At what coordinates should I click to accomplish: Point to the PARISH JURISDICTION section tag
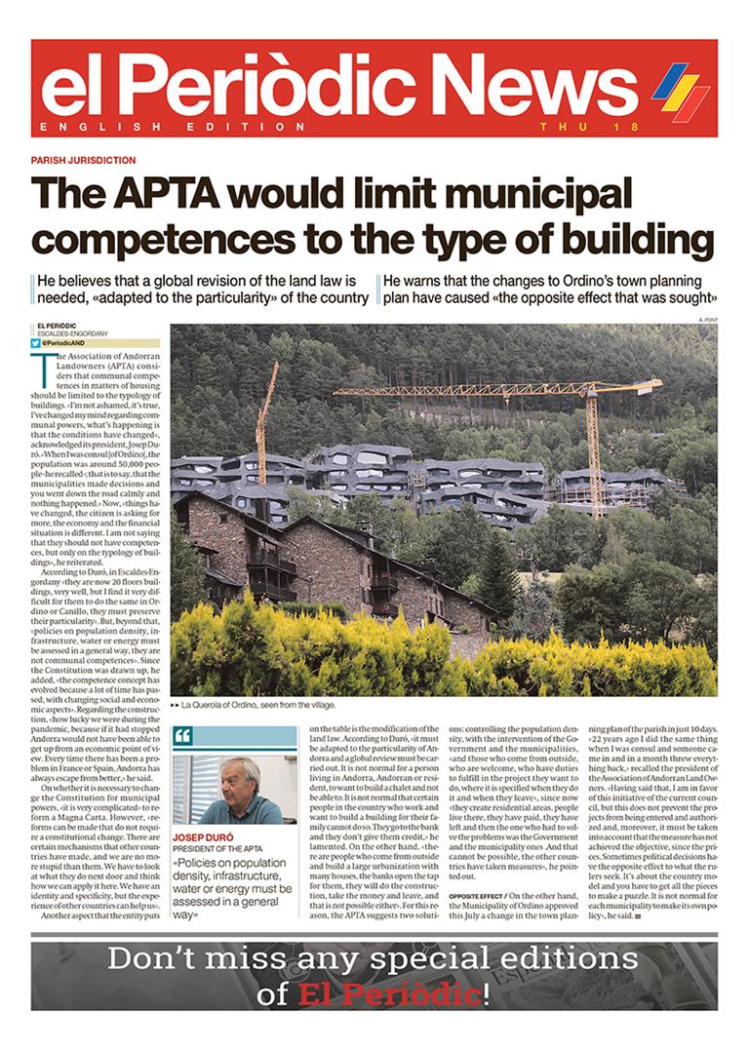[83, 160]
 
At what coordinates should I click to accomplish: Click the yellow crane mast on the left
[261, 429]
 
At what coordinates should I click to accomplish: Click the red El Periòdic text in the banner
[389, 994]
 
